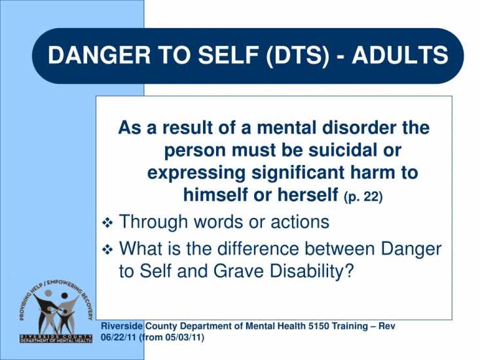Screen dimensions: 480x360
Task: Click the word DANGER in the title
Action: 99,55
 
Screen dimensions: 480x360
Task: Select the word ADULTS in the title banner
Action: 400,55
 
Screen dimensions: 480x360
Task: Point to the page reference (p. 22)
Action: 363,196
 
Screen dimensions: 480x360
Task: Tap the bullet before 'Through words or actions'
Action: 107,223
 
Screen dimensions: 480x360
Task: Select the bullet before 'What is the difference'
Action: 107,249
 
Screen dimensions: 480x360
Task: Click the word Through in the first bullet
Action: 153,222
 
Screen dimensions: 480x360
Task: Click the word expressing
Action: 196,173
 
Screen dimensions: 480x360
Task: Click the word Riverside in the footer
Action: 122,326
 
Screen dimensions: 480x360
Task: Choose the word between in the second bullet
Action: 339,249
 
